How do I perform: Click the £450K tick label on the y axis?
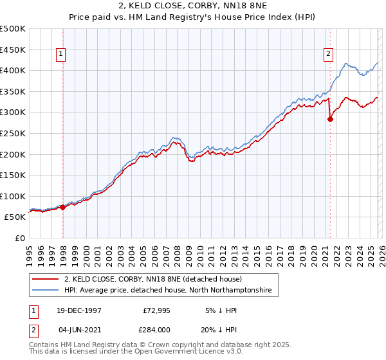coord(13,50)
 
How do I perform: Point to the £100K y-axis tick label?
coord(13,196)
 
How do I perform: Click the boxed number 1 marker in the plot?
coord(61,55)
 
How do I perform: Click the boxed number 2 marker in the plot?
coord(328,55)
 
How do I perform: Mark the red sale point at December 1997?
coord(63,208)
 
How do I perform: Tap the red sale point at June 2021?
coord(330,119)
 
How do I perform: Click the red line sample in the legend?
coord(46,280)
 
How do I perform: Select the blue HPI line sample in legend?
coord(46,291)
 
